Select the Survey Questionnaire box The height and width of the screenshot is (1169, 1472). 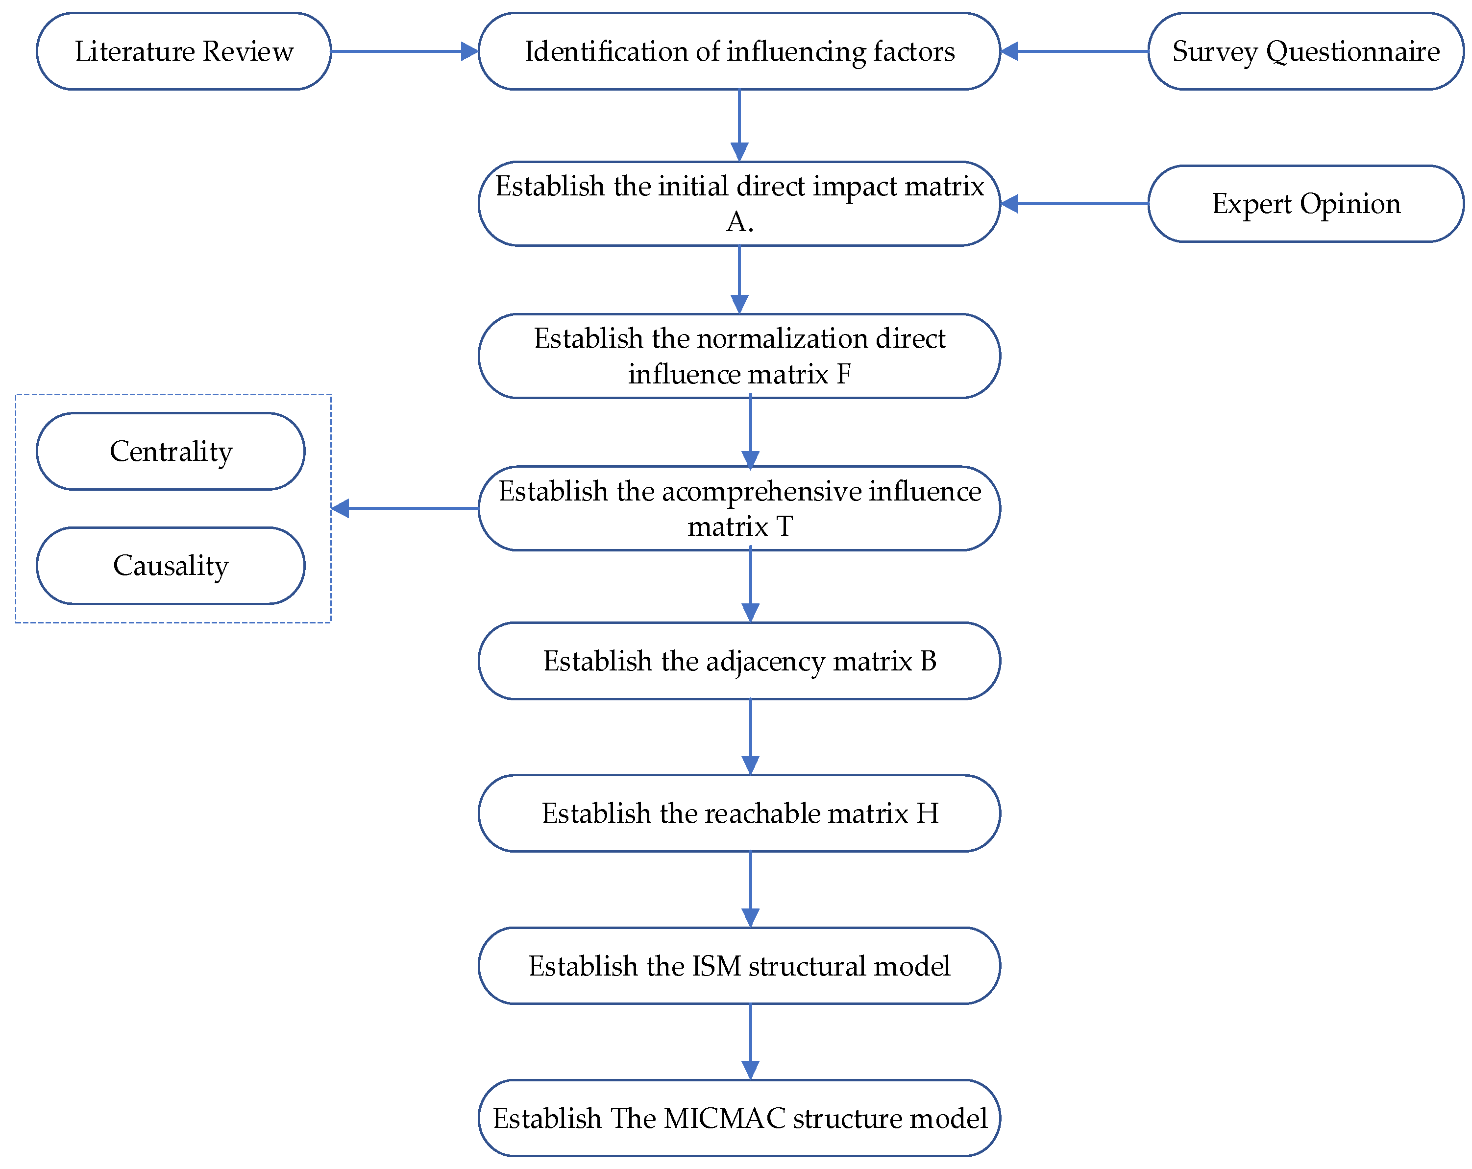1305,51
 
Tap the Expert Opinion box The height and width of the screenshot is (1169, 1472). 1305,203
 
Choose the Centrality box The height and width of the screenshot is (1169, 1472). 171,451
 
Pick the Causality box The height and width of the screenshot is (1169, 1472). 171,565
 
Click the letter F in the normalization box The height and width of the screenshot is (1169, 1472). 843,374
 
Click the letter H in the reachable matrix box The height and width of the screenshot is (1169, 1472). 927,813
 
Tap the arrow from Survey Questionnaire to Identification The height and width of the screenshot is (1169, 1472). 1075,51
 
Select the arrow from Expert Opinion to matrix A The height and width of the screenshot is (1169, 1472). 1075,203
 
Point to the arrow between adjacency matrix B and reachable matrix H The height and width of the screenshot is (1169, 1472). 750,737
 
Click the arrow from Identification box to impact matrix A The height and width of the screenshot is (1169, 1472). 739,125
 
